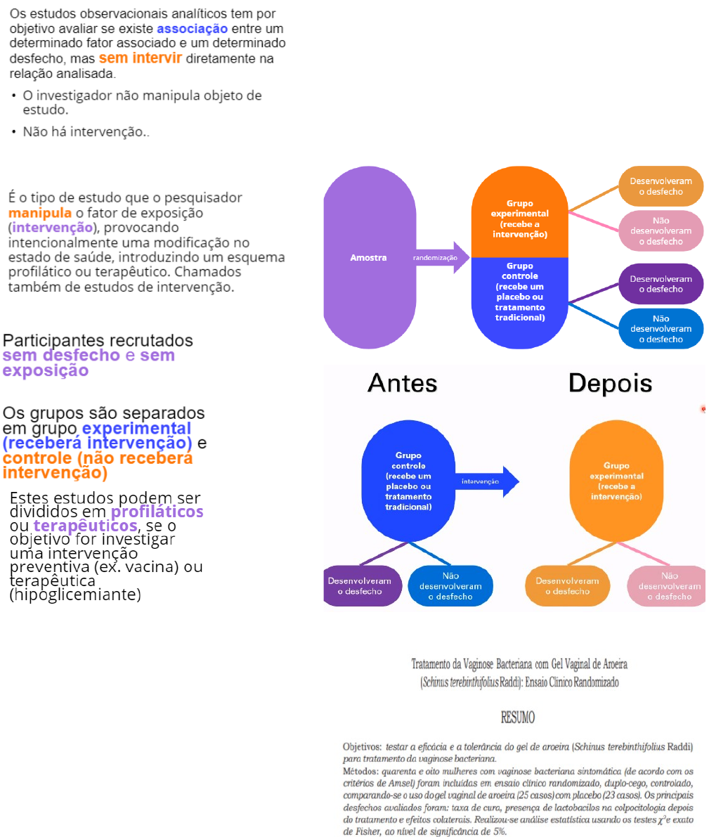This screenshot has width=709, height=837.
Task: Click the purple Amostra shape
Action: tap(368, 257)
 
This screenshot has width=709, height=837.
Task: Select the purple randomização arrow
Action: tap(440, 258)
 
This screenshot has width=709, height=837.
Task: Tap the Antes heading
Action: tap(402, 383)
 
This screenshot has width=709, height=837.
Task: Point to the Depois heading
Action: tap(610, 383)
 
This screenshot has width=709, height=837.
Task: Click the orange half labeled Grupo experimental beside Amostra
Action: tap(519, 214)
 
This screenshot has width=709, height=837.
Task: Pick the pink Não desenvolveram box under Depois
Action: tap(669, 586)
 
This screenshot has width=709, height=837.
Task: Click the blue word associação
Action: tap(192, 29)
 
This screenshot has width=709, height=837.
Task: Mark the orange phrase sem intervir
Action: tap(140, 58)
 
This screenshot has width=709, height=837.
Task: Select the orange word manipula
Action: tap(40, 213)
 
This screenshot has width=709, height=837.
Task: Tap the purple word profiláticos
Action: tap(157, 512)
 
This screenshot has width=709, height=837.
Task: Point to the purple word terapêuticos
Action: tap(85, 526)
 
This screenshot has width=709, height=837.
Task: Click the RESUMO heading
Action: tap(518, 718)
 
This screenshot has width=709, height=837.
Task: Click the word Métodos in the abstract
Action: tap(360, 772)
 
